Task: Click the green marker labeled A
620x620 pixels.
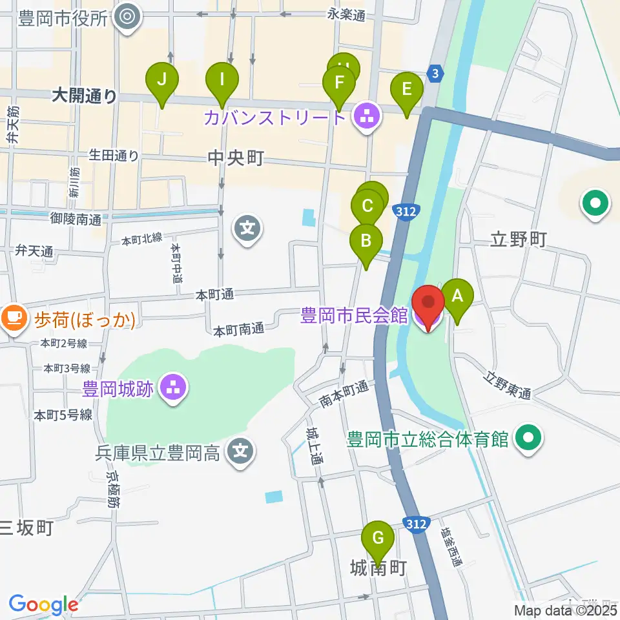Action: click(x=457, y=297)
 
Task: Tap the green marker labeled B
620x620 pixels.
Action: click(x=366, y=242)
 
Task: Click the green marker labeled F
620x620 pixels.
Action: click(x=338, y=83)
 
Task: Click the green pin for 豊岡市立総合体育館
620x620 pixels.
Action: click(x=529, y=440)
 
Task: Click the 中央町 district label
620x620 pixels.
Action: click(x=236, y=158)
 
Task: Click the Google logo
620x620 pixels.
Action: click(x=43, y=604)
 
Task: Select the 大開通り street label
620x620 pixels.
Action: click(x=85, y=97)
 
